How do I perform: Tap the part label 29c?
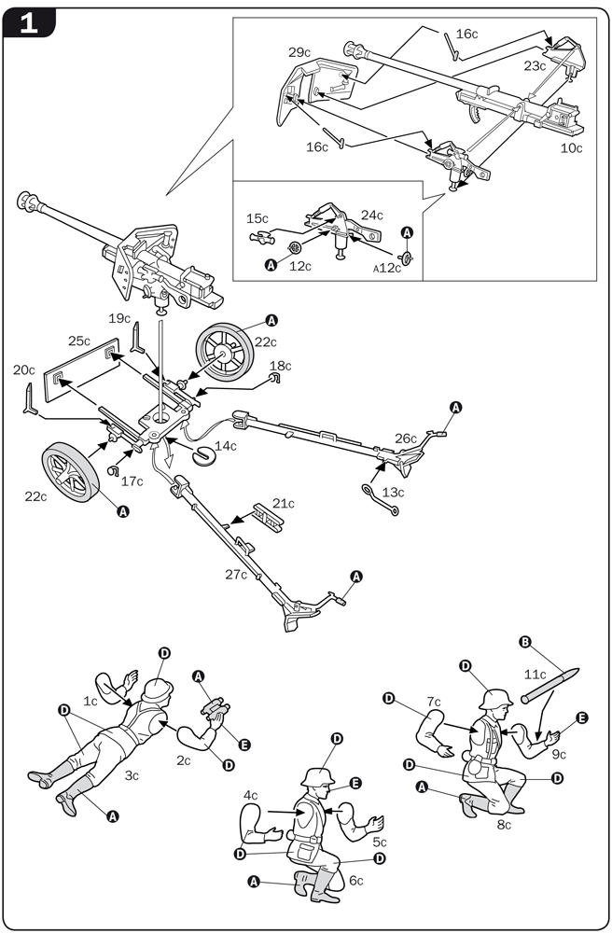coord(299,52)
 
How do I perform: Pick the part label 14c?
coord(226,446)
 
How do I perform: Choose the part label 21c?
coord(283,504)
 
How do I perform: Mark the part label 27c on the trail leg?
coord(236,574)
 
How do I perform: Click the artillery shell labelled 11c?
coord(551,680)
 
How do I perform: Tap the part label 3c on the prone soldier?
coord(132,774)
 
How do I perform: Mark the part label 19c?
coord(118,318)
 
